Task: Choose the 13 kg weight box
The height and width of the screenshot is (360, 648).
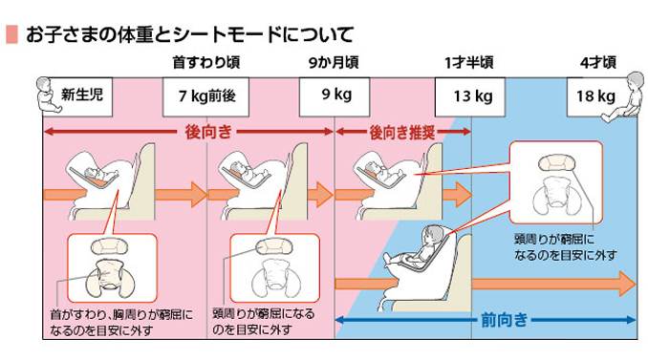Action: click(471, 95)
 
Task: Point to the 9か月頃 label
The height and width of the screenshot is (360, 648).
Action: click(333, 63)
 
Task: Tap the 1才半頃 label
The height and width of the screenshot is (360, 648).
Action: click(468, 63)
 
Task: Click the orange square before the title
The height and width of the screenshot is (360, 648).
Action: click(11, 35)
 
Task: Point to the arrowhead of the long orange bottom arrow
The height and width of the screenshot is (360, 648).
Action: click(626, 284)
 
